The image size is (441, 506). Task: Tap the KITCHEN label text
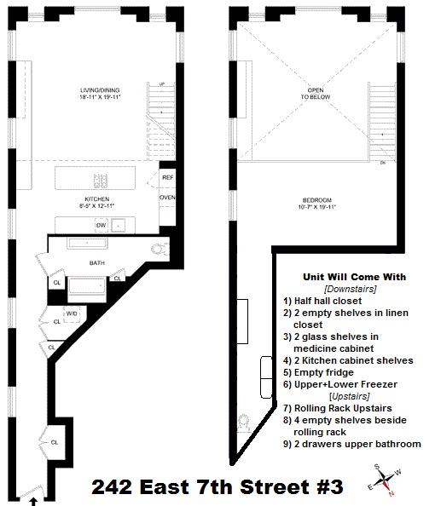click(97, 199)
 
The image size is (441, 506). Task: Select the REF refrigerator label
click(168, 177)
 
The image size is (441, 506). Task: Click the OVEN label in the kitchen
click(167, 197)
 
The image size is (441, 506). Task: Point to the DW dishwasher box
click(102, 225)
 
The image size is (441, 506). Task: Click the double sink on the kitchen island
click(101, 181)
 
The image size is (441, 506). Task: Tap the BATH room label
click(97, 263)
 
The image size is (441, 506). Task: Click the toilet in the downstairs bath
click(160, 249)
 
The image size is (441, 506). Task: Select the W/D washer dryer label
click(72, 313)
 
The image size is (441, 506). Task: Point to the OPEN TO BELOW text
click(316, 93)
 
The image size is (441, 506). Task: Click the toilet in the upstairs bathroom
click(244, 423)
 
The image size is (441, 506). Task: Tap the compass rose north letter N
click(391, 493)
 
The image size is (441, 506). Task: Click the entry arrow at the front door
click(33, 501)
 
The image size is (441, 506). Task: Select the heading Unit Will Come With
click(354, 277)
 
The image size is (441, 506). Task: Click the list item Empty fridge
click(318, 372)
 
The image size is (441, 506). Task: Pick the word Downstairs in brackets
click(351, 289)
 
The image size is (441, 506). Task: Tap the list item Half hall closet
click(322, 301)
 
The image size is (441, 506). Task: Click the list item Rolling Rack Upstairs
click(338, 408)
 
